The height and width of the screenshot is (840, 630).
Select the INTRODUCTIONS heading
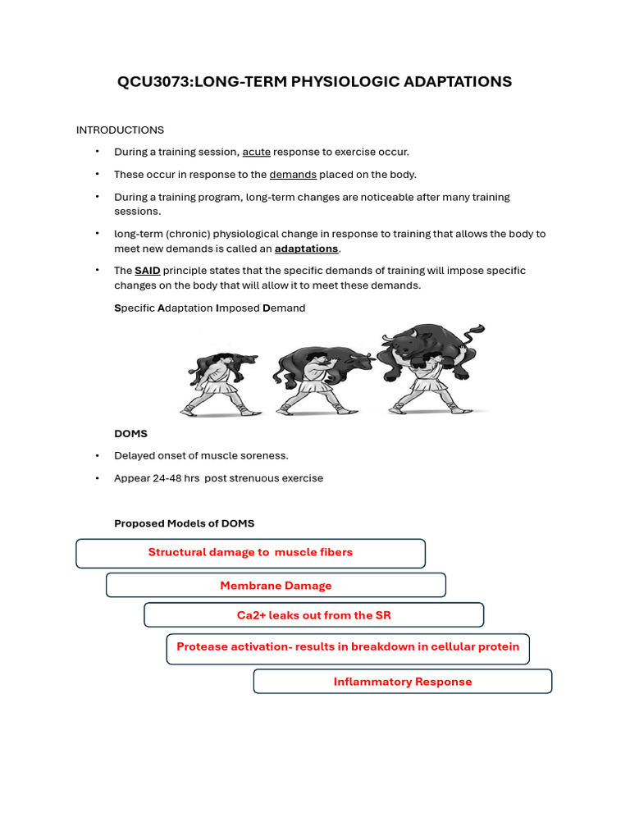(x=120, y=130)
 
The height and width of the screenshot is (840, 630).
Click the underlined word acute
(x=256, y=153)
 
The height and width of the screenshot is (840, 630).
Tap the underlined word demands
(x=293, y=175)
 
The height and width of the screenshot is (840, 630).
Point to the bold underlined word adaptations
(x=306, y=249)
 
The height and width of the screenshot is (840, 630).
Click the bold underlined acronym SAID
(x=148, y=271)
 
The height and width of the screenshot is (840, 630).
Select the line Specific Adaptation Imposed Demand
(x=209, y=308)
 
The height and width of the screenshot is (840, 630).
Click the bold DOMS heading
(x=130, y=433)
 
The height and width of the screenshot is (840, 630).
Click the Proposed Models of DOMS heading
(x=184, y=523)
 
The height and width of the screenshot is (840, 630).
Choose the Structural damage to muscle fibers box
(x=250, y=553)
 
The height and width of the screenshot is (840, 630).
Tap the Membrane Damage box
(x=276, y=586)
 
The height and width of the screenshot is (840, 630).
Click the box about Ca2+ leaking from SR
(x=313, y=615)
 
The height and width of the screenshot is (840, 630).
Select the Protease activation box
(x=348, y=647)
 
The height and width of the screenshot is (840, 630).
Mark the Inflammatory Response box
(x=402, y=682)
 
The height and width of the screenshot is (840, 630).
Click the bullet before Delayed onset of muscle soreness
(x=97, y=456)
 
